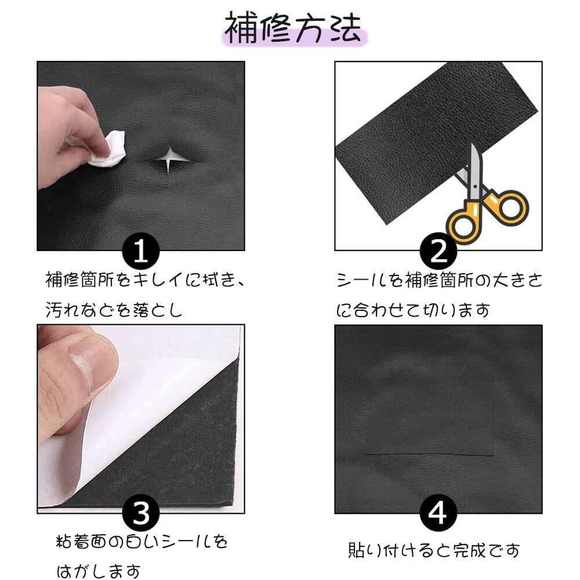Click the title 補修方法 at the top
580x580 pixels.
pyautogui.click(x=292, y=28)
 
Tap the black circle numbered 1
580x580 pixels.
pyautogui.click(x=141, y=251)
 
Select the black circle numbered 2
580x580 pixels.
pyautogui.click(x=438, y=252)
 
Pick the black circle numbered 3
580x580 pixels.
pyautogui.click(x=141, y=513)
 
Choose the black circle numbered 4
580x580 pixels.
pyautogui.click(x=438, y=513)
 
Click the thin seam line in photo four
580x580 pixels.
pyautogui.click(x=430, y=454)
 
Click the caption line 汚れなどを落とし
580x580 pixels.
pyautogui.click(x=114, y=309)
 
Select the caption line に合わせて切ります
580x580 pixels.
pyautogui.click(x=413, y=309)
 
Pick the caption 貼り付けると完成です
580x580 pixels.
pyautogui.click(x=433, y=550)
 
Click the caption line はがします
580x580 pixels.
pyautogui.click(x=99, y=571)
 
